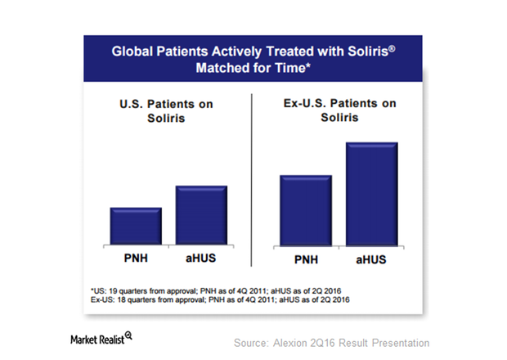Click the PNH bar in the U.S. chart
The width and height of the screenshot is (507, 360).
tap(136, 225)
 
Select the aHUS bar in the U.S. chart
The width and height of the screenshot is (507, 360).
tap(202, 214)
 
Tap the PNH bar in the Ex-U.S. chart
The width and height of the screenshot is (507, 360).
tap(306, 212)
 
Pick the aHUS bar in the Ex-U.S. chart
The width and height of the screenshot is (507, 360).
tap(372, 196)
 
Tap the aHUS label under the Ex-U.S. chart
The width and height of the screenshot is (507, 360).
tap(372, 261)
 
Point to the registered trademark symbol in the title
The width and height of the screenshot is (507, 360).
tap(370, 46)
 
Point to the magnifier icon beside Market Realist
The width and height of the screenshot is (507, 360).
tap(128, 335)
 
